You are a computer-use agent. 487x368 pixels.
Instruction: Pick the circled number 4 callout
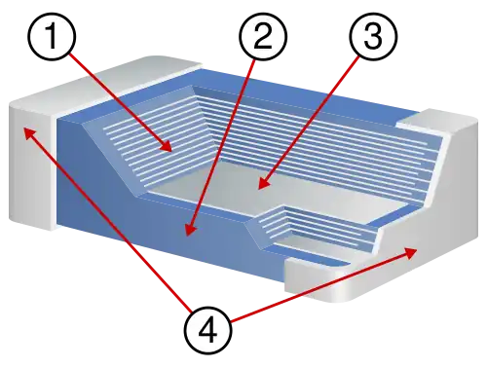point(208,329)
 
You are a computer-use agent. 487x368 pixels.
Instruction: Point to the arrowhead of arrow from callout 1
point(171,150)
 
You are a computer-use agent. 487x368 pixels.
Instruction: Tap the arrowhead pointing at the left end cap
point(28,129)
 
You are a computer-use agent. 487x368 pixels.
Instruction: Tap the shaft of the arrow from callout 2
point(224,136)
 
